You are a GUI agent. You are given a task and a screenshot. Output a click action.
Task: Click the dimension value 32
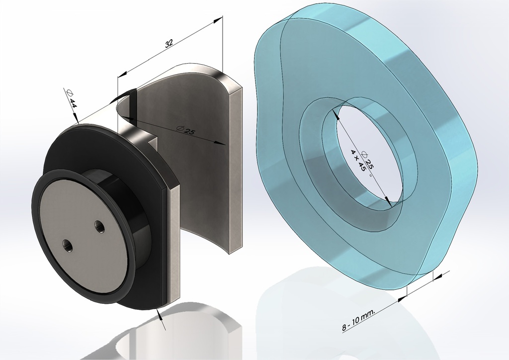click(x=169, y=43)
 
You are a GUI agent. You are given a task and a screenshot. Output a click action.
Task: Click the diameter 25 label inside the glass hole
click(x=368, y=161)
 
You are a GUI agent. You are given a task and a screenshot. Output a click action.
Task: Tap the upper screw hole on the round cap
click(x=99, y=226)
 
